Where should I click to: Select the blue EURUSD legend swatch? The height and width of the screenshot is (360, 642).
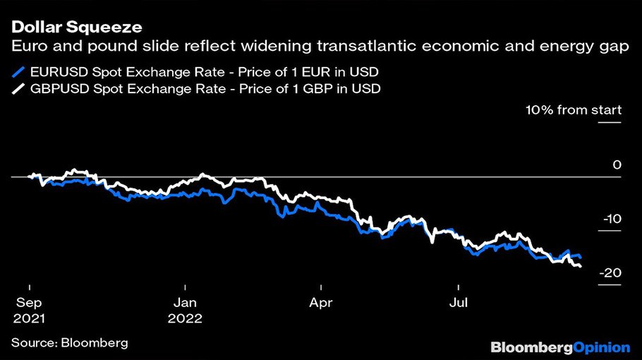tap(18, 71)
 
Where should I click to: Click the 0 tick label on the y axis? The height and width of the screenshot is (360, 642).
tap(617, 165)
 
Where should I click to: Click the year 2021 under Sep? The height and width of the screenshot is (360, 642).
tap(28, 318)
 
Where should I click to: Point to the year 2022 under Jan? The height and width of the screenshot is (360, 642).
tap(185, 318)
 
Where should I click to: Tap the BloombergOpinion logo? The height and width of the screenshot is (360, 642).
tap(560, 347)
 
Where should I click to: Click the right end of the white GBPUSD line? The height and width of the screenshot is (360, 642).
tap(581, 266)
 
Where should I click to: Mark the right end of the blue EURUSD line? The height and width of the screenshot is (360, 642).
tap(580, 256)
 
